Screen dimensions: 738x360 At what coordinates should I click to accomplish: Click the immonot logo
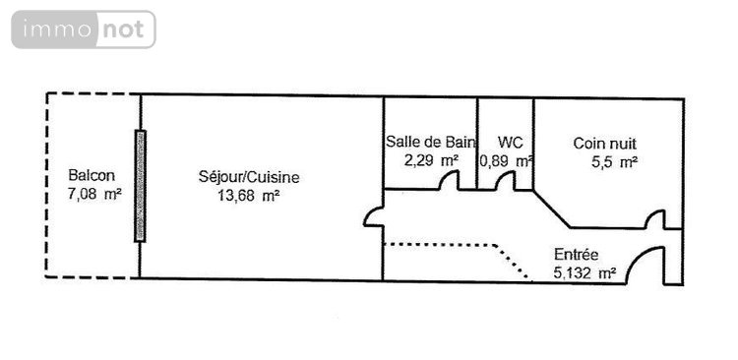[84, 30]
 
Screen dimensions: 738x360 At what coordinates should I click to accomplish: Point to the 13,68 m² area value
[247, 195]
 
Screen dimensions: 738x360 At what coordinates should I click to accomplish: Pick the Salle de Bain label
[431, 142]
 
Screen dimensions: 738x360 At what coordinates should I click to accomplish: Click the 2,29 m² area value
[431, 159]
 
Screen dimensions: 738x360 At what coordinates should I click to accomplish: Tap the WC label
[510, 142]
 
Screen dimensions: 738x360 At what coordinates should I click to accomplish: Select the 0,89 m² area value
[506, 159]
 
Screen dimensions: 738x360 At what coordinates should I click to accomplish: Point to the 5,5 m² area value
[614, 161]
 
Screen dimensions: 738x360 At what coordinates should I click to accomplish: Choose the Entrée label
[577, 255]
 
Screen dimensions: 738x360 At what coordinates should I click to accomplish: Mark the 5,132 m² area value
[586, 272]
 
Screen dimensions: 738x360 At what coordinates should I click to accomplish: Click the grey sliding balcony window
[140, 186]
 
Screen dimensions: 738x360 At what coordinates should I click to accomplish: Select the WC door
[507, 182]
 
